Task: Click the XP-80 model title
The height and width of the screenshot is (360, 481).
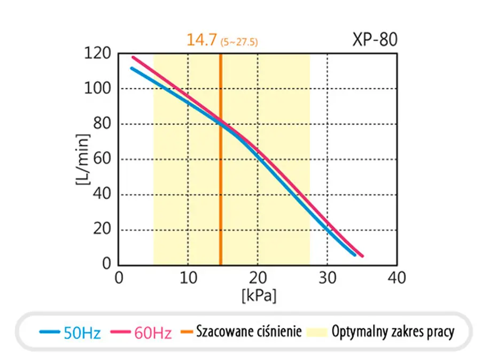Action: click(x=375, y=39)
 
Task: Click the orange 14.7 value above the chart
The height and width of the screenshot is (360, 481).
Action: click(x=202, y=40)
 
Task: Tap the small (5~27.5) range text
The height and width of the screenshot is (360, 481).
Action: click(x=239, y=42)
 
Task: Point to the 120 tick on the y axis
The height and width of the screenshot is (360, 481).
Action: click(x=97, y=53)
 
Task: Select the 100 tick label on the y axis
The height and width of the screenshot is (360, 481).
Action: click(x=97, y=88)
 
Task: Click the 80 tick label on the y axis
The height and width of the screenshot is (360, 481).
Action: click(x=102, y=124)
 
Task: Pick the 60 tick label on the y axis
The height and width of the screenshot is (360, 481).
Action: click(x=102, y=159)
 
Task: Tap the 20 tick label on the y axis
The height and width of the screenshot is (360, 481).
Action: click(x=102, y=229)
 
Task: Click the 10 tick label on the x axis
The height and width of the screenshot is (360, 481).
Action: click(x=188, y=278)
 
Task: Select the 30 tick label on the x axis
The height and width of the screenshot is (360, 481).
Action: click(x=327, y=278)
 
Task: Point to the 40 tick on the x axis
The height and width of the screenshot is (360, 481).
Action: click(x=397, y=278)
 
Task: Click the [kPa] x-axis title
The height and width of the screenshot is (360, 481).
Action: click(x=259, y=296)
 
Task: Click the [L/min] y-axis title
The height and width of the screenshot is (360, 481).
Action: click(x=83, y=159)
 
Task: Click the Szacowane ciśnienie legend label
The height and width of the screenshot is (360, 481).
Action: click(x=249, y=332)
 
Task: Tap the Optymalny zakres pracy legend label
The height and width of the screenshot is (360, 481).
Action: click(x=393, y=332)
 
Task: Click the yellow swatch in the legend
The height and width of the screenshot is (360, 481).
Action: click(x=317, y=332)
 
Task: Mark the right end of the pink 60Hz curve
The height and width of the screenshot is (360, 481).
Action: click(x=362, y=256)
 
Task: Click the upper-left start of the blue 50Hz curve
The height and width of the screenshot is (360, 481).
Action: click(x=132, y=68)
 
